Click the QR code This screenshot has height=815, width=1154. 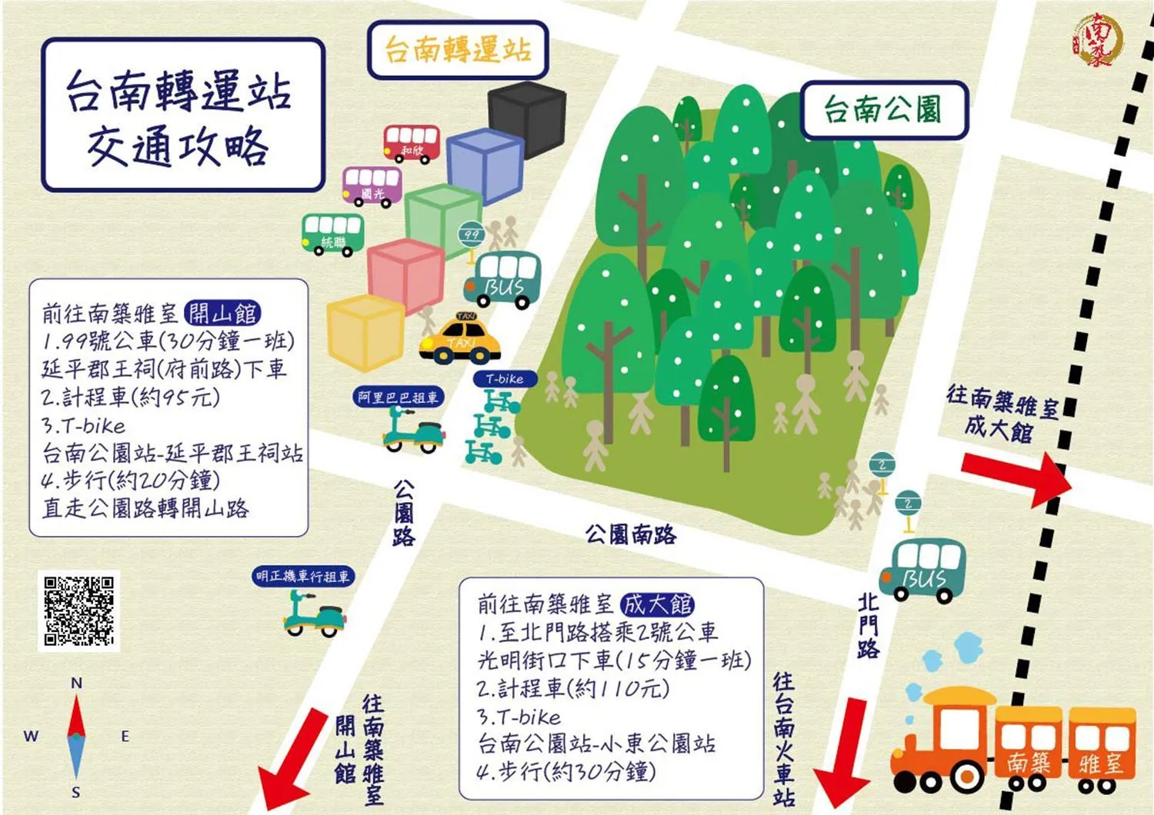(79, 610)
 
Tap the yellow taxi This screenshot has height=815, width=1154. (460, 341)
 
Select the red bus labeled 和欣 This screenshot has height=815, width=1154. (412, 142)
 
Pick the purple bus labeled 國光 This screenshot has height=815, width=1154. (372, 185)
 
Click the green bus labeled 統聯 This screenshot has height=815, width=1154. (332, 233)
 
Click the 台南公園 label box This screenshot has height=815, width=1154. (883, 109)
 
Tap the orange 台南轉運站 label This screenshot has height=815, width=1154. (458, 50)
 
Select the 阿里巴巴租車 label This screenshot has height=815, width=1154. (398, 397)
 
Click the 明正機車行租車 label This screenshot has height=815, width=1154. (303, 575)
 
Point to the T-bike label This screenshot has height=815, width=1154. (505, 378)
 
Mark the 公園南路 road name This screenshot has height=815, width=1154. (630, 534)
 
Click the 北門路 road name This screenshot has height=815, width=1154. (868, 625)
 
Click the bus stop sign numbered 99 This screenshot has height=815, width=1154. (471, 235)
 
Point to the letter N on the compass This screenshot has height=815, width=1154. (76, 683)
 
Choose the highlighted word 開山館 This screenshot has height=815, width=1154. (223, 313)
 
